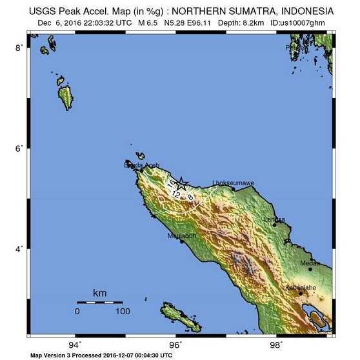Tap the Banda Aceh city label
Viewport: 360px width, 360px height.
[x=141, y=166]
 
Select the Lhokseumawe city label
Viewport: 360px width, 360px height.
[x=233, y=183]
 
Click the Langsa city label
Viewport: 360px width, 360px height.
[x=275, y=219]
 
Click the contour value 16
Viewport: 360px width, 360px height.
[x=171, y=184]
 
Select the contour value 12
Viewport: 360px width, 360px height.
[x=175, y=193]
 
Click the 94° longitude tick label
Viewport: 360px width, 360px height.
[x=77, y=345]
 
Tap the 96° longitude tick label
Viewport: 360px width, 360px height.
[x=177, y=345]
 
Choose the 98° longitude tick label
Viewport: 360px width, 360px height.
[x=277, y=345]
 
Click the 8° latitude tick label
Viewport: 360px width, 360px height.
[x=20, y=48]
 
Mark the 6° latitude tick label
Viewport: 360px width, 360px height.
[x=20, y=148]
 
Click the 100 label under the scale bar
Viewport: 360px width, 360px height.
[x=121, y=312]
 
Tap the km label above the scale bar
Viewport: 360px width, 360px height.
[x=99, y=294]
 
